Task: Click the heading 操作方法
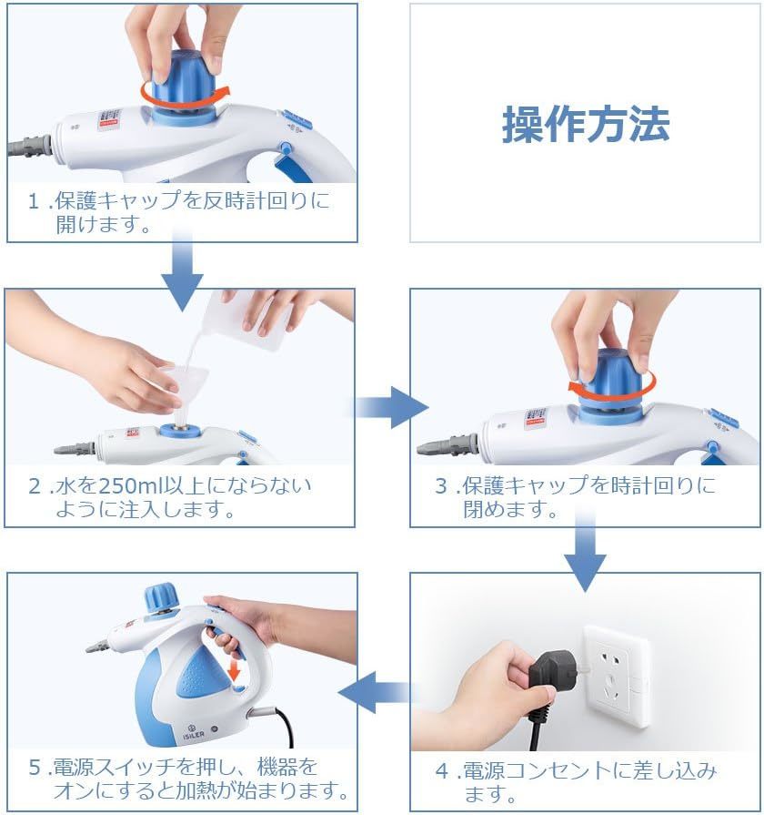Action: [x=586, y=125]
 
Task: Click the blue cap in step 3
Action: [x=612, y=384]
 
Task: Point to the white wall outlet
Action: [x=617, y=677]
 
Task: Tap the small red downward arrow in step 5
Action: [x=235, y=669]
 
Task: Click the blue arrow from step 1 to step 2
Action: [x=182, y=270]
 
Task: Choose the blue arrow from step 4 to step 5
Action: [x=375, y=692]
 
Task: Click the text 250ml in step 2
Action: [x=130, y=486]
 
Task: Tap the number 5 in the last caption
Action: [x=35, y=767]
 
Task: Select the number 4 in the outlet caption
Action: [x=442, y=770]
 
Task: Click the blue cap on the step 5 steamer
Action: [x=161, y=597]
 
